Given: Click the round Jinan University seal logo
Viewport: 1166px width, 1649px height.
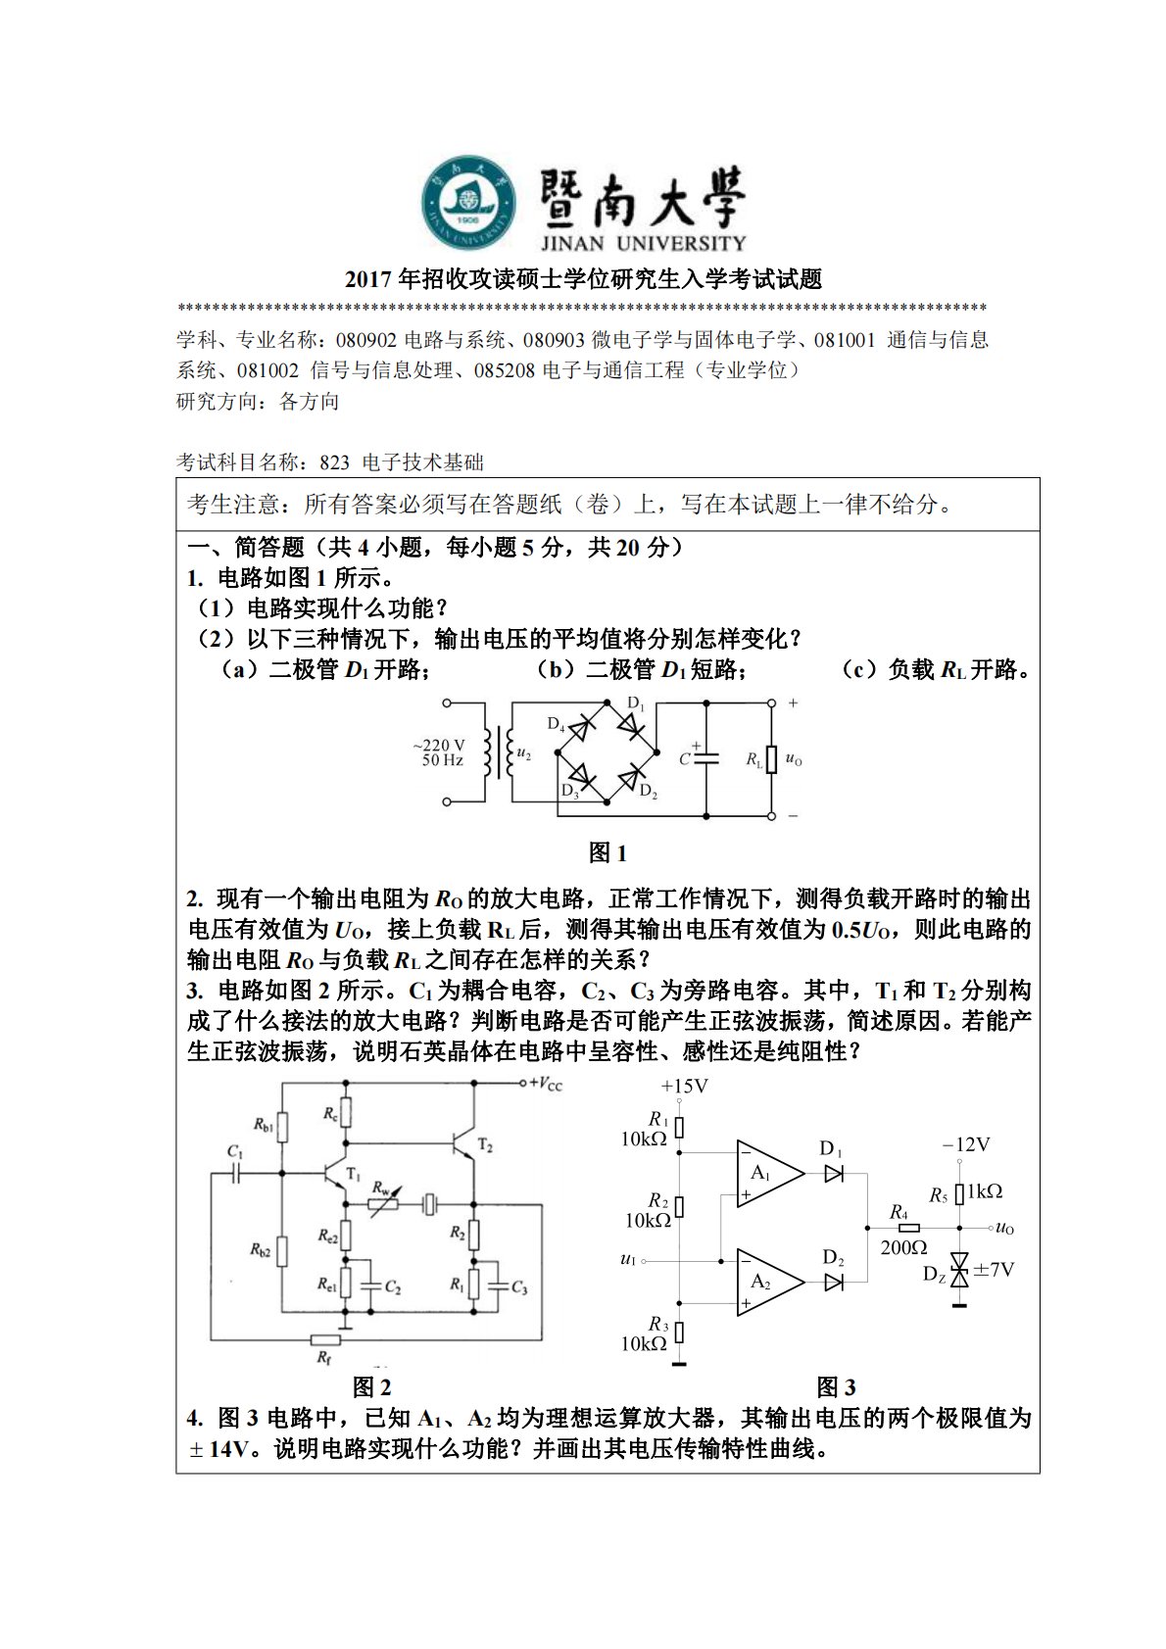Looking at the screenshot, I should (x=468, y=201).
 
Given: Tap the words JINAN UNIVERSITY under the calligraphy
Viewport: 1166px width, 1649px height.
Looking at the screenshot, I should (x=643, y=243).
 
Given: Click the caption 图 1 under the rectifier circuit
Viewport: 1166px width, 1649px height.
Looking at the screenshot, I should (x=607, y=852).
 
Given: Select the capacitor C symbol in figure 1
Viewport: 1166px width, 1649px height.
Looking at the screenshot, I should (x=705, y=757).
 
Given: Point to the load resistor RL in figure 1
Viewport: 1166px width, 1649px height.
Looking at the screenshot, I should (x=771, y=759).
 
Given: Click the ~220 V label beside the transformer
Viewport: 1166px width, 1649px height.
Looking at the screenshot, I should (x=439, y=746).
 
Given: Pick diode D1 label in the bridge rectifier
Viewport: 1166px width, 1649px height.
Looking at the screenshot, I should (x=636, y=703).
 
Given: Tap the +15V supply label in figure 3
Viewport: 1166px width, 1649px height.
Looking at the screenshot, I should (x=684, y=1086).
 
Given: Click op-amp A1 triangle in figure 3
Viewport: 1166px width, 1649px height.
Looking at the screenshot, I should (x=767, y=1174).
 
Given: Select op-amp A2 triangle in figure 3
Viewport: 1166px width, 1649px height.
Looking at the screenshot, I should (x=767, y=1282).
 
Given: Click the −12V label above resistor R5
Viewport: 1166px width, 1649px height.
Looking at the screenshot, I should (x=966, y=1144).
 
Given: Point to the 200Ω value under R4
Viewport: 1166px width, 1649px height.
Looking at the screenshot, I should (x=903, y=1247).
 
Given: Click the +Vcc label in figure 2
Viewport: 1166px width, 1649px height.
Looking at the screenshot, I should (x=546, y=1084).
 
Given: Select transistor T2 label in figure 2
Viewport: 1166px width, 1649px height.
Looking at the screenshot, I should (x=485, y=1144).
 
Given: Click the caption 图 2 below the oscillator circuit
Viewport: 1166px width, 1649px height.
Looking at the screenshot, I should (x=371, y=1386).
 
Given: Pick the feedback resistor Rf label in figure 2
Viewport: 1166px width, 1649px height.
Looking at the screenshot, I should (x=324, y=1357).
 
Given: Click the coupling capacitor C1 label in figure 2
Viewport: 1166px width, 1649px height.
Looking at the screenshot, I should (x=235, y=1151).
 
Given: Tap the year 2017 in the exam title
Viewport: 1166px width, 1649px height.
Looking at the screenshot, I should (x=368, y=280).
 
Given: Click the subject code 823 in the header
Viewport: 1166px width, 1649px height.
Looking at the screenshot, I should (x=334, y=462).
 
